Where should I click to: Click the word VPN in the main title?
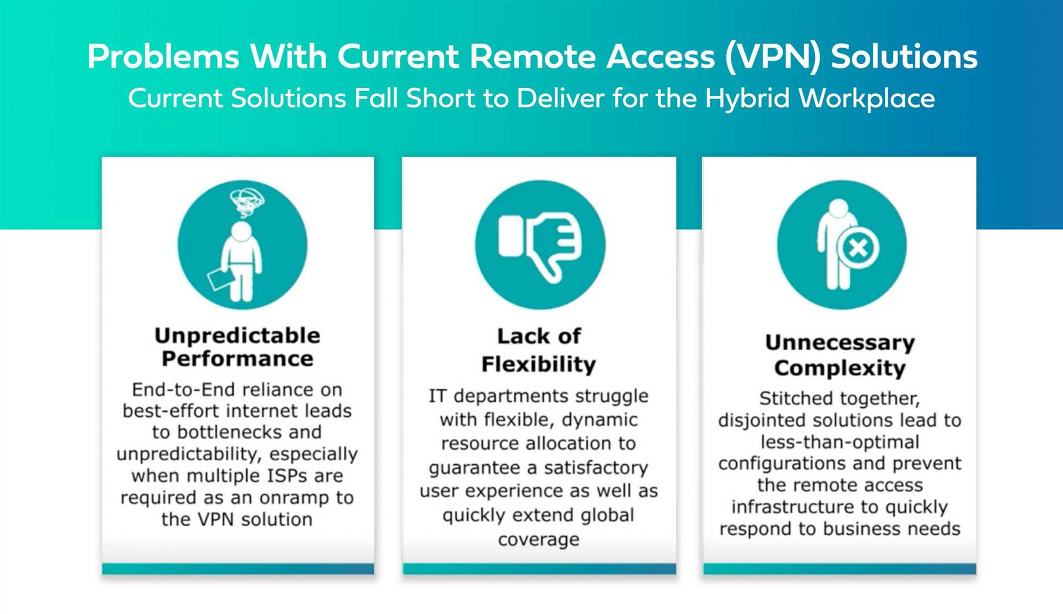click(x=773, y=56)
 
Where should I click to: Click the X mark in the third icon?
click(x=858, y=247)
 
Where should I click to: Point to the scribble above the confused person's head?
click(x=247, y=202)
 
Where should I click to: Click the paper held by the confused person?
click(x=220, y=279)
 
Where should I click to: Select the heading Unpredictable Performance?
click(x=238, y=347)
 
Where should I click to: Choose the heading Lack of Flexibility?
click(x=539, y=350)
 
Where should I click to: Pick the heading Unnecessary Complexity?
click(x=840, y=355)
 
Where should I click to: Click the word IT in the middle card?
click(x=437, y=396)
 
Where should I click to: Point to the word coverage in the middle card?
click(x=539, y=539)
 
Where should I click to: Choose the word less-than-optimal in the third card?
click(x=840, y=443)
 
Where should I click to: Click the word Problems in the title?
click(x=163, y=56)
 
